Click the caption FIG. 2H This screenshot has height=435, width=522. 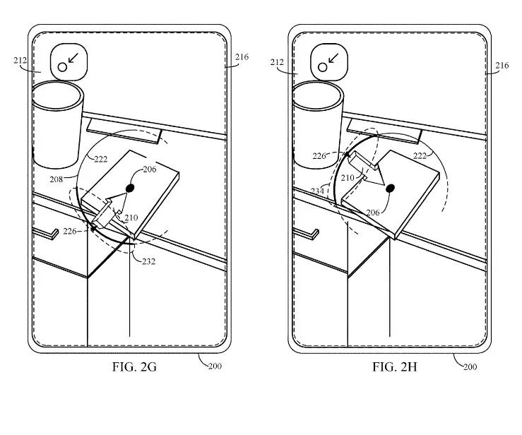pyautogui.click(x=395, y=367)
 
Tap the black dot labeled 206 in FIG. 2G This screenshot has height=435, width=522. pyautogui.click(x=130, y=188)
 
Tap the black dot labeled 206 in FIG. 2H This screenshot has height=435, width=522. pyautogui.click(x=389, y=188)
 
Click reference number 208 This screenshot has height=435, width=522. pyautogui.click(x=56, y=179)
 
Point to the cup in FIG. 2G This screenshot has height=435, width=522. pyautogui.click(x=58, y=120)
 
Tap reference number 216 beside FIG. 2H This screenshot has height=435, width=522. pyautogui.click(x=502, y=66)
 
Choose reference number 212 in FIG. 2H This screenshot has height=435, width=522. pyautogui.click(x=277, y=62)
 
